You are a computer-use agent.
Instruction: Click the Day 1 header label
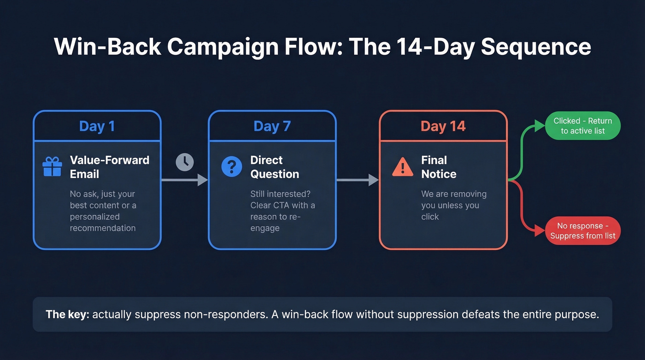click(97, 126)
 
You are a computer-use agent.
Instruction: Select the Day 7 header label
click(272, 126)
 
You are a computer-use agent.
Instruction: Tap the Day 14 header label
click(443, 126)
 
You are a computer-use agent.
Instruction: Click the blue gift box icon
click(52, 167)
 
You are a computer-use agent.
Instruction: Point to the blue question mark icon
click(231, 166)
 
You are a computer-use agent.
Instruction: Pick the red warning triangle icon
click(402, 167)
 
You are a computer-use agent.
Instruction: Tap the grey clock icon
click(185, 162)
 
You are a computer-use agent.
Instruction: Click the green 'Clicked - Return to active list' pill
click(582, 126)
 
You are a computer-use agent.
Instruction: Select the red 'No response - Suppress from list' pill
click(582, 231)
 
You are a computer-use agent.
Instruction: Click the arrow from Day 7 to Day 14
click(358, 180)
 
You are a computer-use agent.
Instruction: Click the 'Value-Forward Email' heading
click(109, 167)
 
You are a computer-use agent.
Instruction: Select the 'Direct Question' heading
click(275, 167)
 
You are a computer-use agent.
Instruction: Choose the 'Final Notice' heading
click(439, 167)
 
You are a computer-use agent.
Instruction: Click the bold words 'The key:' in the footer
click(67, 315)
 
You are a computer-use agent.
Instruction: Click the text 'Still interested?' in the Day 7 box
click(280, 194)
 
